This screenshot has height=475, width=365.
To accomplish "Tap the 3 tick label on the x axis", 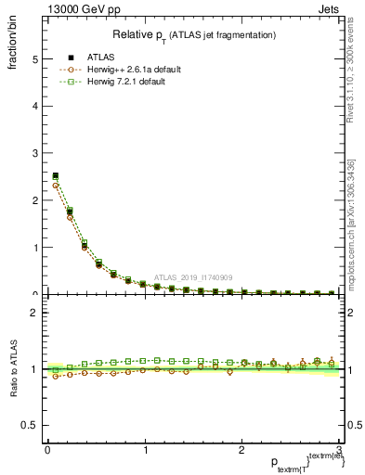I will [339, 450].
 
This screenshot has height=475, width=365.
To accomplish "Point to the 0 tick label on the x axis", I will [47, 450].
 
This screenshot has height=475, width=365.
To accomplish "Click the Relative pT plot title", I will [193, 34].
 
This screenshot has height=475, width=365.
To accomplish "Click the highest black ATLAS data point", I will [56, 175].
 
